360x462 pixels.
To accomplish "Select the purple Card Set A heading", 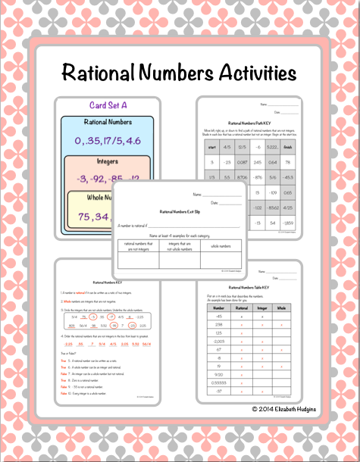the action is tap(107, 106).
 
